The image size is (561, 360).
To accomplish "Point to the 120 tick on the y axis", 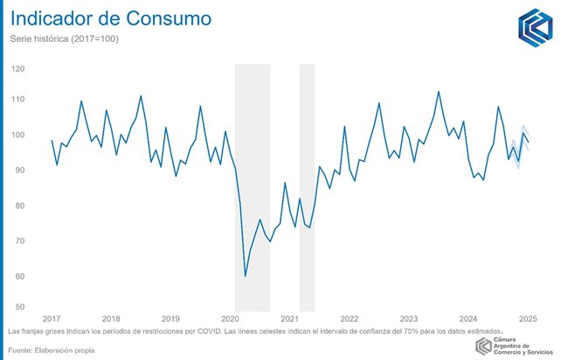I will (18, 68).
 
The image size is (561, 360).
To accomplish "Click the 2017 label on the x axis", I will (52, 319).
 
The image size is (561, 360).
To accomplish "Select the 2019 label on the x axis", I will (170, 319).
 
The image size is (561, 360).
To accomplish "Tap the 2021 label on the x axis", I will (290, 319).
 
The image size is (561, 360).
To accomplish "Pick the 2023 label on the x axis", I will (409, 319).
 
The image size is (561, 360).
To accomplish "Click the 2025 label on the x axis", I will (528, 319).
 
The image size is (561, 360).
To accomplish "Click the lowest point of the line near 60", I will (246, 276).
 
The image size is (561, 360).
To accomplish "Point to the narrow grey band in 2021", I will (307, 183).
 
